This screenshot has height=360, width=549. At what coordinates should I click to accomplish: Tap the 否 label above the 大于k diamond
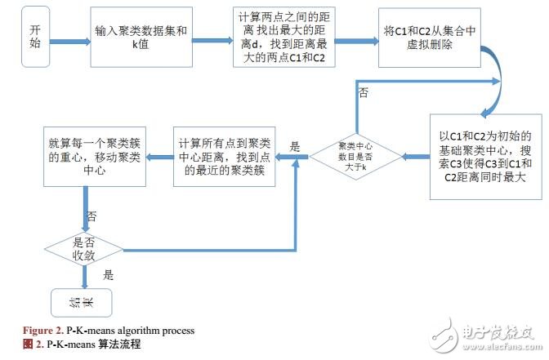pyautogui.click(x=362, y=93)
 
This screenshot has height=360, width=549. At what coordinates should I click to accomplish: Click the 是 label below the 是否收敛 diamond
pyautogui.click(x=109, y=275)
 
